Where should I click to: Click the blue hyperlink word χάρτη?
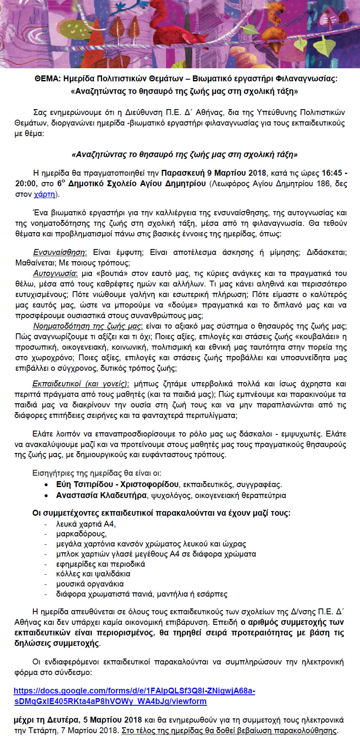click(x=44, y=194)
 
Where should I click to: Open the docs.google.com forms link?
click(x=134, y=691)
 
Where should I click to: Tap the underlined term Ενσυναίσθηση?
click(x=60, y=252)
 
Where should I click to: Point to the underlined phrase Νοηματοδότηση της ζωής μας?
click(x=88, y=326)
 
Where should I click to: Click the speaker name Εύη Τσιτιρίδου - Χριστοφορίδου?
click(x=117, y=485)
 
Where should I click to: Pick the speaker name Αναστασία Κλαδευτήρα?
click(x=101, y=495)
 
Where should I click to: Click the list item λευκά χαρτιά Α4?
click(x=86, y=524)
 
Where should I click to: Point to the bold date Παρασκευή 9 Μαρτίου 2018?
click(x=214, y=173)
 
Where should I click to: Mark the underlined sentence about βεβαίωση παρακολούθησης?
click(x=229, y=731)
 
